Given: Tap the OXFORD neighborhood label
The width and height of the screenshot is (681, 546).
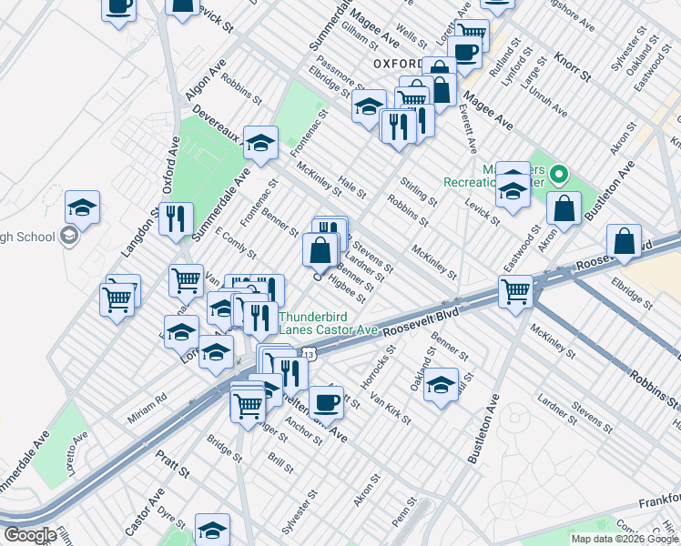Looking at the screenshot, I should click(x=398, y=64).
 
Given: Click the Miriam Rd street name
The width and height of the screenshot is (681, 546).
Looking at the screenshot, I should click(x=147, y=399).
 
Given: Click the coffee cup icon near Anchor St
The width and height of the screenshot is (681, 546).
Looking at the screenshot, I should click(x=326, y=400).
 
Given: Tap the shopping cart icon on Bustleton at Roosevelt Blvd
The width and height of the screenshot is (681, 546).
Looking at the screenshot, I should click(x=515, y=291).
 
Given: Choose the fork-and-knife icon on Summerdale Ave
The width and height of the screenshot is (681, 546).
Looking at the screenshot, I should click(x=176, y=217).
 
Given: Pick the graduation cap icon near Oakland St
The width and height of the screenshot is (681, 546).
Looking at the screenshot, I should click(x=441, y=382).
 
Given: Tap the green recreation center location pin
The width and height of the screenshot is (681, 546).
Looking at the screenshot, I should click(x=559, y=172).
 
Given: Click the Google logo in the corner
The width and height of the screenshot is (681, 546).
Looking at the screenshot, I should click(x=30, y=535).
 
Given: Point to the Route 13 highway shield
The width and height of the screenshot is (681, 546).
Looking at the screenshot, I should click(x=309, y=353).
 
